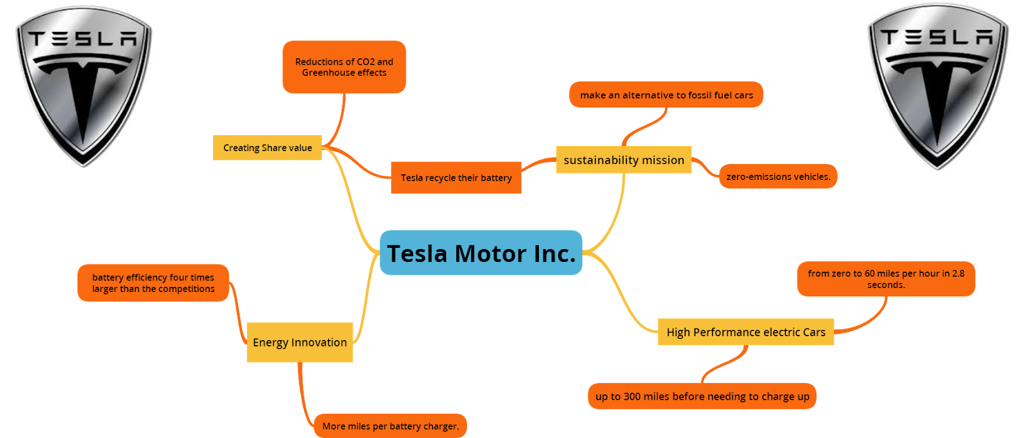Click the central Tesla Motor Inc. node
point(481,253)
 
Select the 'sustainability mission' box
point(623,159)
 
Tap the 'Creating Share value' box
point(268,147)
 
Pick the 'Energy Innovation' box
point(300,342)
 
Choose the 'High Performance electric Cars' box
point(746,332)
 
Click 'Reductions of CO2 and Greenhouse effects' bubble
point(344,67)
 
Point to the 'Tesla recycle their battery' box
point(456,177)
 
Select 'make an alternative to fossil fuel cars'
point(666,95)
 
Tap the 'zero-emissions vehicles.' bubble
point(778,176)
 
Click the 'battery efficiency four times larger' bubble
point(153,282)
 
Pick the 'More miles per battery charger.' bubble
point(390,426)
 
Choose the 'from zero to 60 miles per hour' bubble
point(886,279)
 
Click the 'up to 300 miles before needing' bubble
point(702,396)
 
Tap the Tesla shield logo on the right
point(938,86)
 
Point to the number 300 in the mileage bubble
point(632,396)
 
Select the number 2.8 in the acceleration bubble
point(958,273)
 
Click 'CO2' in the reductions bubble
point(365,62)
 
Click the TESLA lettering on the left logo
point(83,40)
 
